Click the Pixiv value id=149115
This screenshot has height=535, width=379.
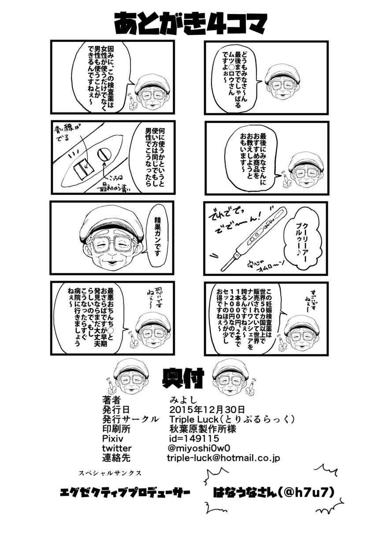(194, 439)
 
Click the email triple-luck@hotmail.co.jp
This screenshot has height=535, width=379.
(223, 458)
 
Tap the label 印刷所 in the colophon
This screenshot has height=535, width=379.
(116, 429)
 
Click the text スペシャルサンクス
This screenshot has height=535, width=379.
(110, 473)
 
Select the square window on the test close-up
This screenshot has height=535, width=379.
(82, 169)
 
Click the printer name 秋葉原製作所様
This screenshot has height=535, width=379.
(202, 429)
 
